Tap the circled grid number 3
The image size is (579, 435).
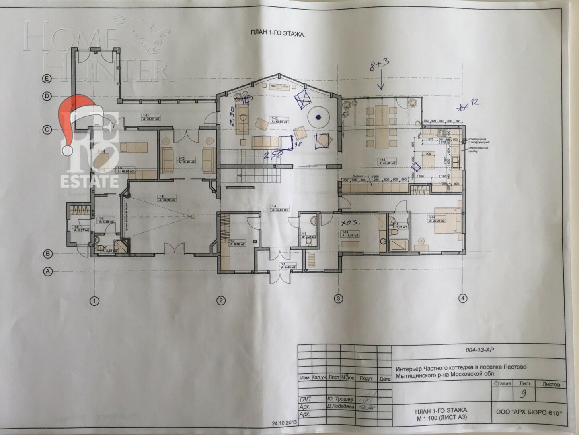[339, 298]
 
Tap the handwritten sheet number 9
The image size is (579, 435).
[523, 395]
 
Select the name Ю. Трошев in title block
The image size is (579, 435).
[340, 399]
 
